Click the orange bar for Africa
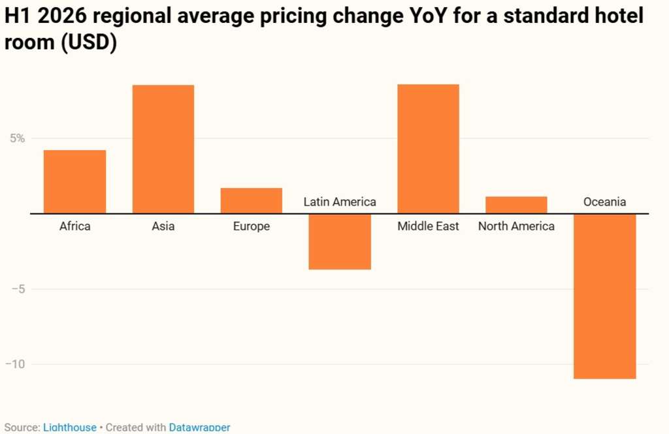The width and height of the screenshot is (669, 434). (74, 181)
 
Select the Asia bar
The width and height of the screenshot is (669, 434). (163, 149)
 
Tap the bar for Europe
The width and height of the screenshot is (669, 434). (251, 200)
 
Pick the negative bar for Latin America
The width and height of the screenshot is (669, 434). (340, 241)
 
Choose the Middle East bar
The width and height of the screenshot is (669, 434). (428, 149)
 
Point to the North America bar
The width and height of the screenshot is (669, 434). (516, 205)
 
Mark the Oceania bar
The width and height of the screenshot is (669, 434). (604, 296)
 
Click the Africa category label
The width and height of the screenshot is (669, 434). (74, 226)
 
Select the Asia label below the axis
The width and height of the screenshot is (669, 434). (163, 226)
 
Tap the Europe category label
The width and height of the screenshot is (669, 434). (251, 226)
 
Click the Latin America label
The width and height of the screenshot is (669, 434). (340, 202)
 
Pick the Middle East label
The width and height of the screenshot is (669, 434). (428, 226)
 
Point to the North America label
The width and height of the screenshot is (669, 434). (516, 226)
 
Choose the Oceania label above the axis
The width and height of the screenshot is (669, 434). (604, 202)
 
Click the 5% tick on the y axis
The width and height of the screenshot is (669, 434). (17, 138)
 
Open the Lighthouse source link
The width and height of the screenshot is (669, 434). (69, 427)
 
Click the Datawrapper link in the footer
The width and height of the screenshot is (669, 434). (199, 427)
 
